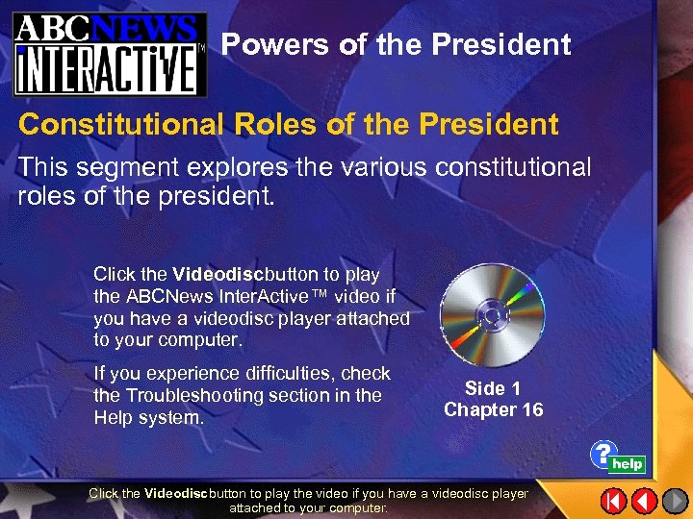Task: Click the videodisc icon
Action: (492, 314)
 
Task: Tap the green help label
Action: (628, 464)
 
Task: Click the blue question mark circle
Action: (603, 453)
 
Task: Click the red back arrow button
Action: (645, 501)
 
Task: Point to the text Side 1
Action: (493, 388)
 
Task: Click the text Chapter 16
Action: (493, 409)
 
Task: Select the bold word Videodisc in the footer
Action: (175, 493)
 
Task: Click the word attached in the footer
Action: (255, 507)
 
